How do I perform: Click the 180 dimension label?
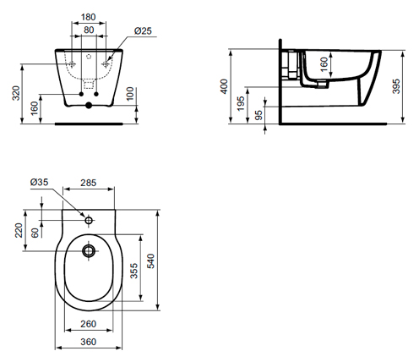coord(89,17)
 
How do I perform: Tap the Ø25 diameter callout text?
coord(143,30)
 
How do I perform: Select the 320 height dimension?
coord(16,93)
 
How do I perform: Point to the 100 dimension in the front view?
coord(130,94)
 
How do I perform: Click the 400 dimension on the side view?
coord(224,86)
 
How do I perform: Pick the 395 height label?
coord(396,86)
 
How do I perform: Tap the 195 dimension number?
coord(241,103)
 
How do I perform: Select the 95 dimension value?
coord(258,115)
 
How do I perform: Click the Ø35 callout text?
coord(39,182)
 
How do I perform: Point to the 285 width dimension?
coord(89,183)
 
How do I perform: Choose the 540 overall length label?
coord(150,261)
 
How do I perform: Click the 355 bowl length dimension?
coord(134,271)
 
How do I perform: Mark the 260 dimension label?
coord(89,324)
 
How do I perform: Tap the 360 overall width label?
coord(89,342)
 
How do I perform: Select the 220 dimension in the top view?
coord(19,230)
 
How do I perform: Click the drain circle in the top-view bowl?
coord(89,250)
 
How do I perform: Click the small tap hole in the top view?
coord(89,220)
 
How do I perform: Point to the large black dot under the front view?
coord(89,106)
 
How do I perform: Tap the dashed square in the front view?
coord(89,85)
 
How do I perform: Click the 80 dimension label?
coord(89,30)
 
